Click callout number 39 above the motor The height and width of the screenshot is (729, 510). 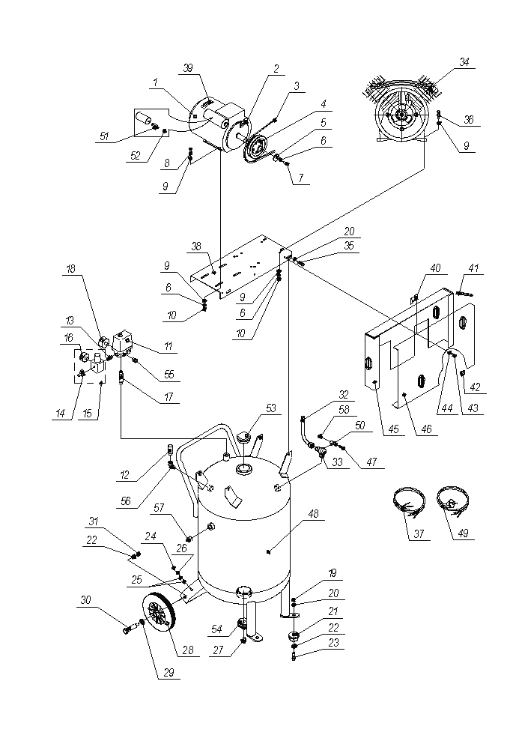(186, 67)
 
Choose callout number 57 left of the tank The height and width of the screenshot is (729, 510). (159, 508)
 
